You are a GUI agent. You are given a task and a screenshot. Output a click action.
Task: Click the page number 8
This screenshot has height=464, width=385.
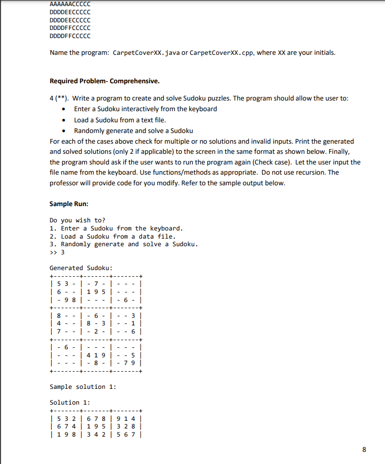364,449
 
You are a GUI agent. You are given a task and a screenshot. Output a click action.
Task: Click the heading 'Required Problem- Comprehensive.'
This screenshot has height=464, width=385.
104,81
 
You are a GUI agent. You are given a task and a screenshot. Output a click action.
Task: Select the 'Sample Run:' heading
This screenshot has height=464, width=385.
68,204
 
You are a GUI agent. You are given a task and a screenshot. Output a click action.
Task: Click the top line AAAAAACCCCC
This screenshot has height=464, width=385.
70,4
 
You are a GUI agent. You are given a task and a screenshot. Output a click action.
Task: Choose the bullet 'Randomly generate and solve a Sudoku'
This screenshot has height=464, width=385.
133,130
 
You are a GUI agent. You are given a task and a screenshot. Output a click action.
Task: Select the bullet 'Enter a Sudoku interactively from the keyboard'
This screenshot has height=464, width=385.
145,109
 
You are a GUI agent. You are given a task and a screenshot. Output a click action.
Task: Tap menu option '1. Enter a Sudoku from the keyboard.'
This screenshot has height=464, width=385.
116,228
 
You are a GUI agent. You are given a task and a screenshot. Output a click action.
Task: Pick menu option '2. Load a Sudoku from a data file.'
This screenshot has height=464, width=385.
113,236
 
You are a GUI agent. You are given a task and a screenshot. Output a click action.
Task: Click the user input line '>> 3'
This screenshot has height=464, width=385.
57,252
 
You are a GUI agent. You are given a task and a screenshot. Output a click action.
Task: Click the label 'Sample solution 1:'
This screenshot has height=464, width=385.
83,387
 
